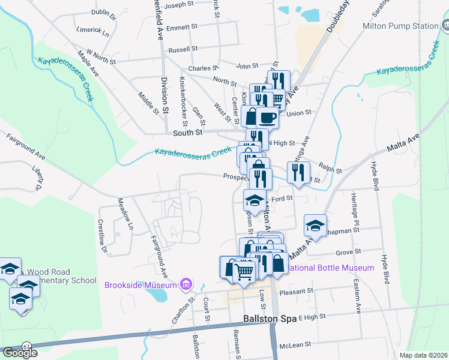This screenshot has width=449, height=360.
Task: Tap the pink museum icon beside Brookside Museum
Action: [186, 283]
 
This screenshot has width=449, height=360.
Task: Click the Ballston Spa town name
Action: [270, 319]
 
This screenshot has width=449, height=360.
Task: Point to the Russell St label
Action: [183, 49]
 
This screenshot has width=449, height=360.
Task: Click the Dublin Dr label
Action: [103, 12]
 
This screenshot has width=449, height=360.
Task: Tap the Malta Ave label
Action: [404, 143]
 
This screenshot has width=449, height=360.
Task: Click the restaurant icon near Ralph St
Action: [298, 173]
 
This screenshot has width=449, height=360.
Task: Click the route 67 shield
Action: [26, 346]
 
